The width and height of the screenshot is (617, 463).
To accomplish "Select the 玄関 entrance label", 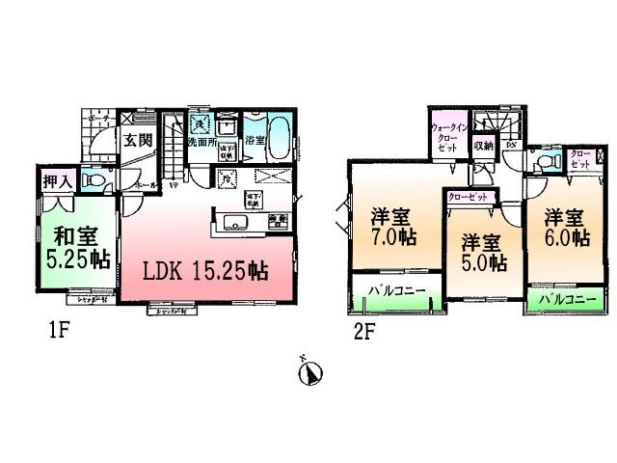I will pyautogui.click(x=137, y=140).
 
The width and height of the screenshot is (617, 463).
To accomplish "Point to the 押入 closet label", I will pyautogui.click(x=55, y=180).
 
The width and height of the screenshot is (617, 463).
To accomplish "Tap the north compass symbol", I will pyautogui.click(x=311, y=371).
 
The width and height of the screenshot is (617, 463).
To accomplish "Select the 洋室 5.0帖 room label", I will pyautogui.click(x=482, y=252).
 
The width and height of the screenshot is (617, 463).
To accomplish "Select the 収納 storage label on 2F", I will pyautogui.click(x=483, y=146).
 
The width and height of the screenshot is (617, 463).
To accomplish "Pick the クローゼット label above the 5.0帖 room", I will pyautogui.click(x=470, y=197).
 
